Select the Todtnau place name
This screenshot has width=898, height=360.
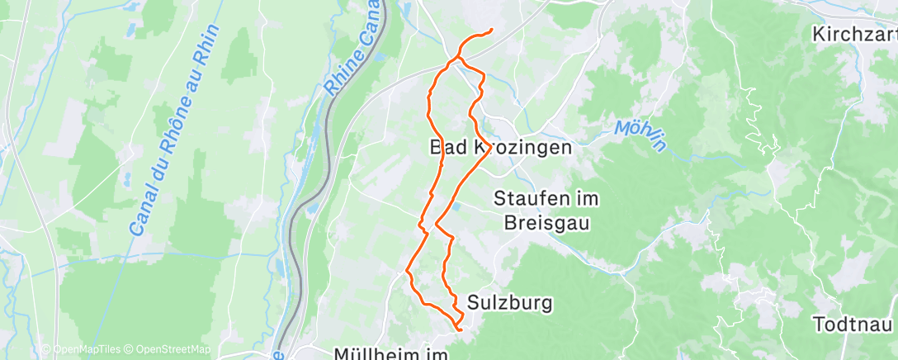(x=854, y=324)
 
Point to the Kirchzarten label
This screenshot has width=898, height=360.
(x=855, y=35)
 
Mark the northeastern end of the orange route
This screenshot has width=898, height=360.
(x=492, y=31)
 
